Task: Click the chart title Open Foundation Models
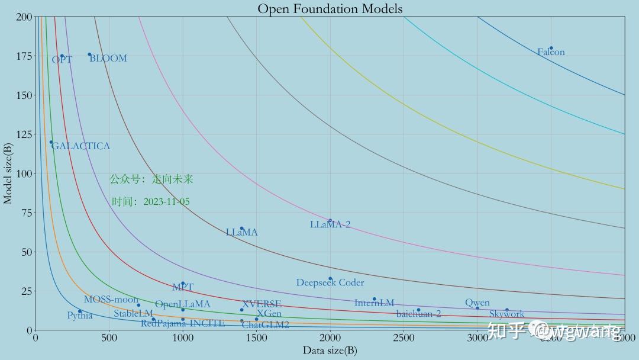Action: (x=330, y=8)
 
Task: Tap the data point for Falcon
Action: (x=551, y=48)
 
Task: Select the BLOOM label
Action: (x=108, y=59)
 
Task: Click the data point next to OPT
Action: (x=62, y=56)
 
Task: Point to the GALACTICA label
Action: (x=81, y=146)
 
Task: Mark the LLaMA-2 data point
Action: (x=330, y=221)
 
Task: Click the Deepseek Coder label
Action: (x=330, y=283)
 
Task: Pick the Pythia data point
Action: (x=80, y=311)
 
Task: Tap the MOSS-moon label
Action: (x=111, y=300)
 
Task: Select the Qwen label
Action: (x=477, y=303)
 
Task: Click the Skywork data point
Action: (x=507, y=310)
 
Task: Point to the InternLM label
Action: (x=374, y=303)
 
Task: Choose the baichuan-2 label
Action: (x=418, y=314)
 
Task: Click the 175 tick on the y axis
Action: (x=24, y=56)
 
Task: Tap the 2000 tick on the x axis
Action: (x=330, y=338)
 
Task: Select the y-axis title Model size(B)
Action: (x=8, y=173)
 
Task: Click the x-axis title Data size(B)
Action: (x=330, y=351)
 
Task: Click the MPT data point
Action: (x=183, y=283)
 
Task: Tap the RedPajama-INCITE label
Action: (x=182, y=323)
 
